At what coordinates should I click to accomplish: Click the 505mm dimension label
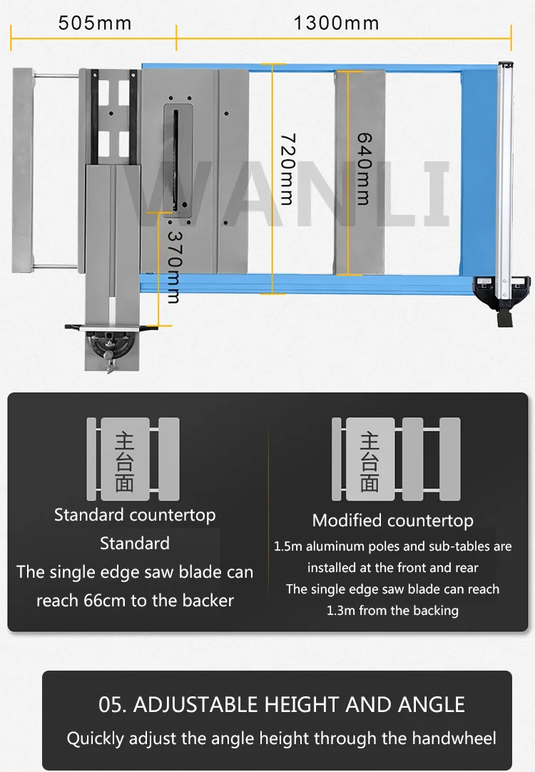coord(95,23)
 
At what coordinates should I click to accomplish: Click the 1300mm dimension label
coord(336,23)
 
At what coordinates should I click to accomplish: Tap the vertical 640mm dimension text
coord(364,169)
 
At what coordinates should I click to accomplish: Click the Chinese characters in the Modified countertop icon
coord(370,461)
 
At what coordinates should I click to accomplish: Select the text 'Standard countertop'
coord(135,515)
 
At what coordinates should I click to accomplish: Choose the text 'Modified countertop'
coord(392,521)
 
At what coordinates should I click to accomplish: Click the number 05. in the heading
coord(113,705)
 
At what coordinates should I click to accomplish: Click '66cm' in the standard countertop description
coord(101,601)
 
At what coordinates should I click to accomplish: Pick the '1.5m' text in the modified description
coord(289,546)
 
